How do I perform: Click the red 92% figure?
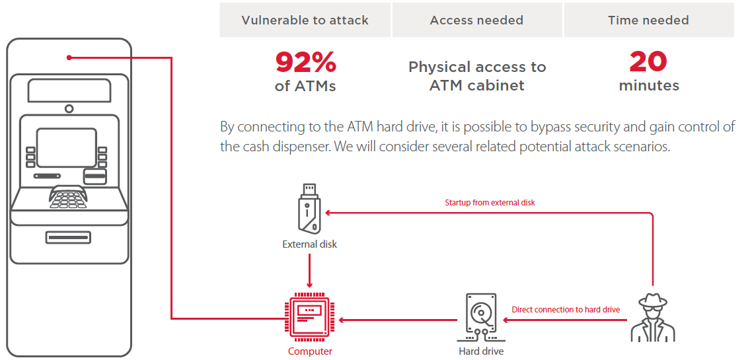pyautogui.click(x=305, y=62)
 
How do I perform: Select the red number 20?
pyautogui.click(x=648, y=62)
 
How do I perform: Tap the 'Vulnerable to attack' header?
pyautogui.click(x=305, y=20)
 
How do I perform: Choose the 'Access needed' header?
pyautogui.click(x=476, y=20)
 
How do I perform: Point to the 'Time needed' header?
pyautogui.click(x=648, y=20)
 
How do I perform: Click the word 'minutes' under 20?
pyautogui.click(x=648, y=86)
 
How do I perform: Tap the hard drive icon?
pyautogui.click(x=480, y=317)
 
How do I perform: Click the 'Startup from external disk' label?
pyautogui.click(x=490, y=203)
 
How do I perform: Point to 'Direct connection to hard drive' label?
pyautogui.click(x=566, y=309)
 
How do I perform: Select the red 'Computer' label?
pyautogui.click(x=310, y=351)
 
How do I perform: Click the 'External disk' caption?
pyautogui.click(x=309, y=244)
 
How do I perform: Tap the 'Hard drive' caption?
pyautogui.click(x=481, y=351)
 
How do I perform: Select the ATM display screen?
pyautogui.click(x=66, y=147)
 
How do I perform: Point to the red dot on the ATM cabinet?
pyautogui.click(x=69, y=57)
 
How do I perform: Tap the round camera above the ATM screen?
pyautogui.click(x=69, y=108)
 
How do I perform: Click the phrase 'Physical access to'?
pyautogui.click(x=476, y=67)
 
